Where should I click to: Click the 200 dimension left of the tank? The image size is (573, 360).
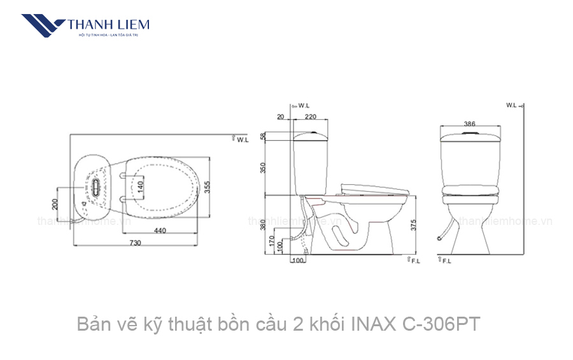click(55, 204)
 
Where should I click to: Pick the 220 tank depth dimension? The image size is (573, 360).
click(311, 117)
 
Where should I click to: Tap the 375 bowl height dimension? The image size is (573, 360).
click(414, 226)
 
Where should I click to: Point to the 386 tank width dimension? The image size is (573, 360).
click(470, 124)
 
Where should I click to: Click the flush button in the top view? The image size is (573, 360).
click(95, 185)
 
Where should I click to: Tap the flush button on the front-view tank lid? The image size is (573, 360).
click(470, 133)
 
